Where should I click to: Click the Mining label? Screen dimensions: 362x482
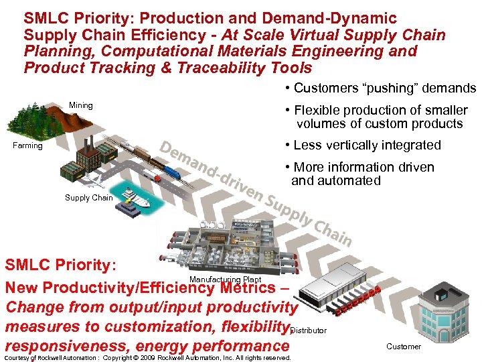81,105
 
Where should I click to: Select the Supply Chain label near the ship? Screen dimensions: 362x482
88,198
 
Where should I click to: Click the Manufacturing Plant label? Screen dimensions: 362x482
225,280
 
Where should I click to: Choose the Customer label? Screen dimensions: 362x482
404,347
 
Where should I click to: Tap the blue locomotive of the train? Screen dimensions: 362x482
171,173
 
